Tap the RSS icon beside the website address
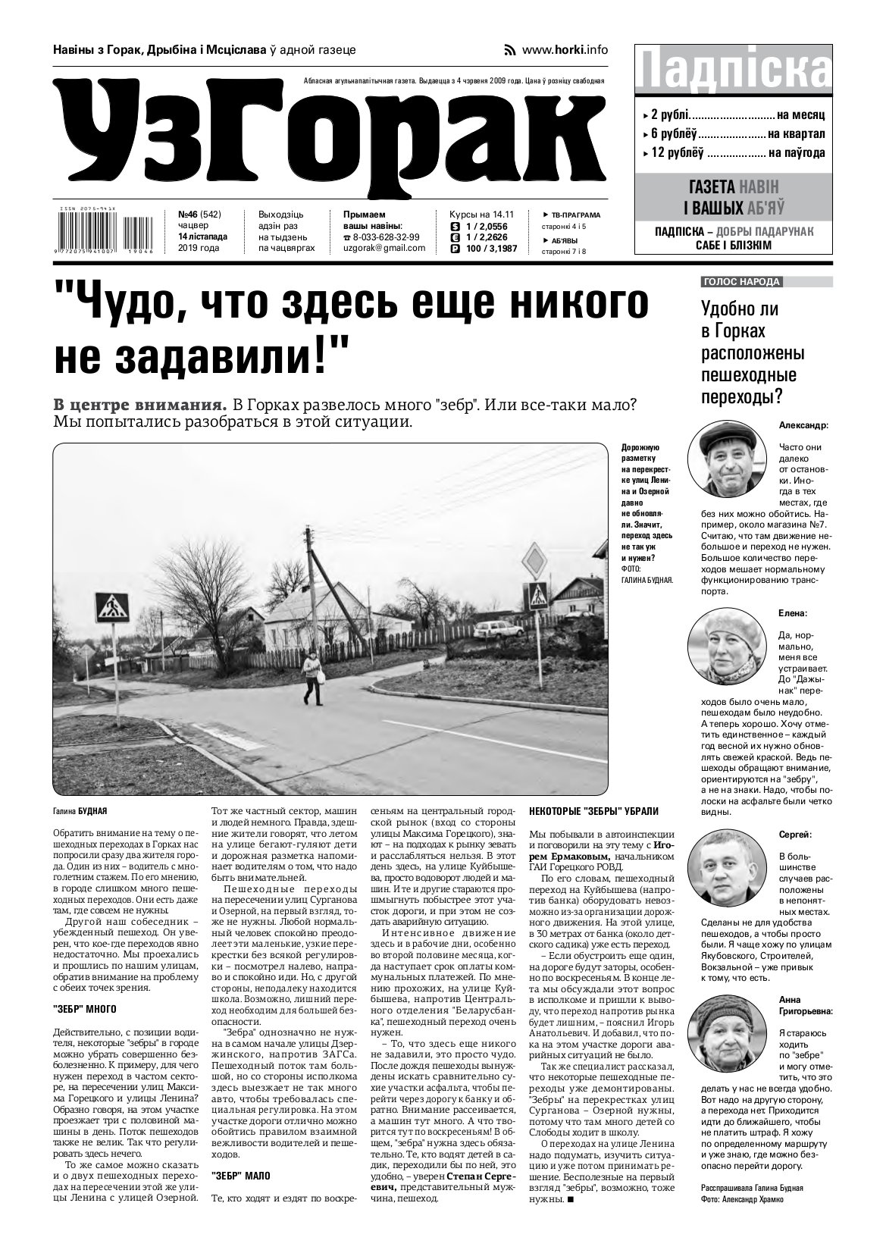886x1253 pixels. (x=510, y=50)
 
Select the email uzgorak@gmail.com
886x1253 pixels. (x=384, y=248)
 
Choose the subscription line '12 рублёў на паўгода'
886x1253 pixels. (x=734, y=152)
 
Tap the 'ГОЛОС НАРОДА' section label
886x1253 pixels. (x=742, y=282)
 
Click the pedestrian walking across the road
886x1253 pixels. (x=312, y=676)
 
